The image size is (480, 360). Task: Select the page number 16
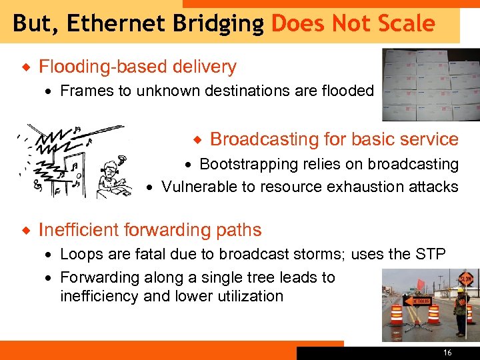[447, 353]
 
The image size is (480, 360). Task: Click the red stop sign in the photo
[465, 278]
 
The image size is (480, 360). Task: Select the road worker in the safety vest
[461, 311]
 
